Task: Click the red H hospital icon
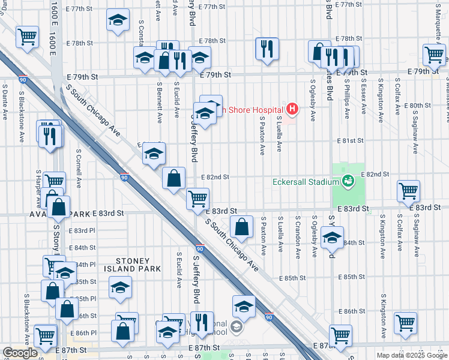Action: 292,109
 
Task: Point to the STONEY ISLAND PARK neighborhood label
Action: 139,265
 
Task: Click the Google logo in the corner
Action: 20,353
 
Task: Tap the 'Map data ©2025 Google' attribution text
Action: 412,355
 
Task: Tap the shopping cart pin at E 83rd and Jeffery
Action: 197,197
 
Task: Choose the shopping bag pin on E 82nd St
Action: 173,178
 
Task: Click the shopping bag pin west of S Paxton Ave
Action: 241,227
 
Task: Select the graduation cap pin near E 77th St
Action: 118,20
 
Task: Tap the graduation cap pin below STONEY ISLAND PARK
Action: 120,287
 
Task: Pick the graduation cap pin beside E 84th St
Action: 332,238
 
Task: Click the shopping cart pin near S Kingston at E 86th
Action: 406,322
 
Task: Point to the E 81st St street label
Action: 352,140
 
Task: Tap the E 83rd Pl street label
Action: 82,230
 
